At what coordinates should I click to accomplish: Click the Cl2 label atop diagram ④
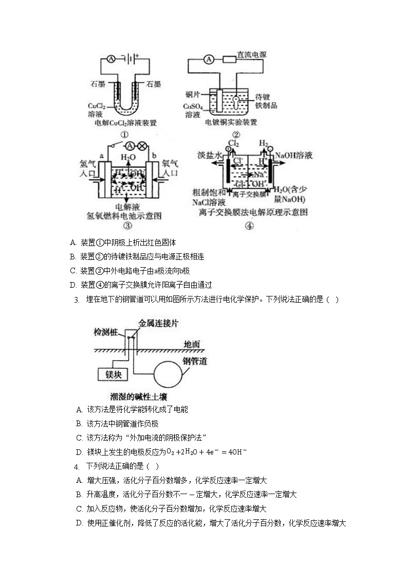pos(234,142)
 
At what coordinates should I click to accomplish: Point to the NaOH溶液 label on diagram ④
pos(294,155)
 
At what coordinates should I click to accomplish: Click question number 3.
pos(76,300)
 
